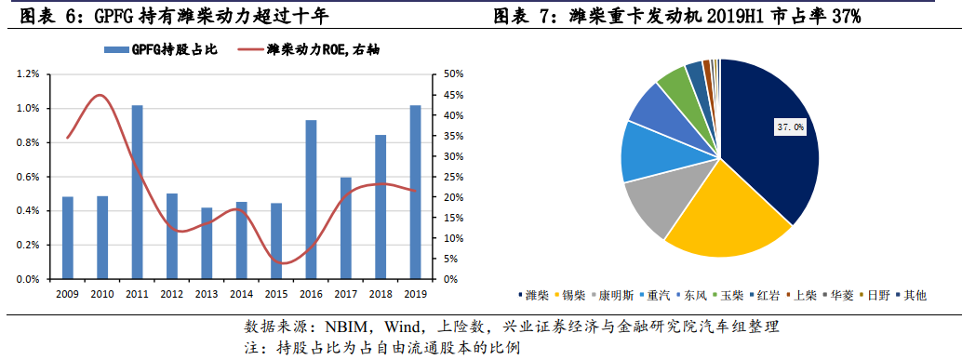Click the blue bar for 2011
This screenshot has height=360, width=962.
137,192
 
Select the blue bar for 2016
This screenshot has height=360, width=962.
311,199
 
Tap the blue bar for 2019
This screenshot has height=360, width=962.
415,192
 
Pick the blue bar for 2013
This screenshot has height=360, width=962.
207,243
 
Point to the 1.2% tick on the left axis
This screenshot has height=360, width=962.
27,74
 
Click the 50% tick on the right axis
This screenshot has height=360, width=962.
454,74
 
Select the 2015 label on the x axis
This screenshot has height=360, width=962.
276,293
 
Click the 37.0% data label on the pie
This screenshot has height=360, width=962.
790,126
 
